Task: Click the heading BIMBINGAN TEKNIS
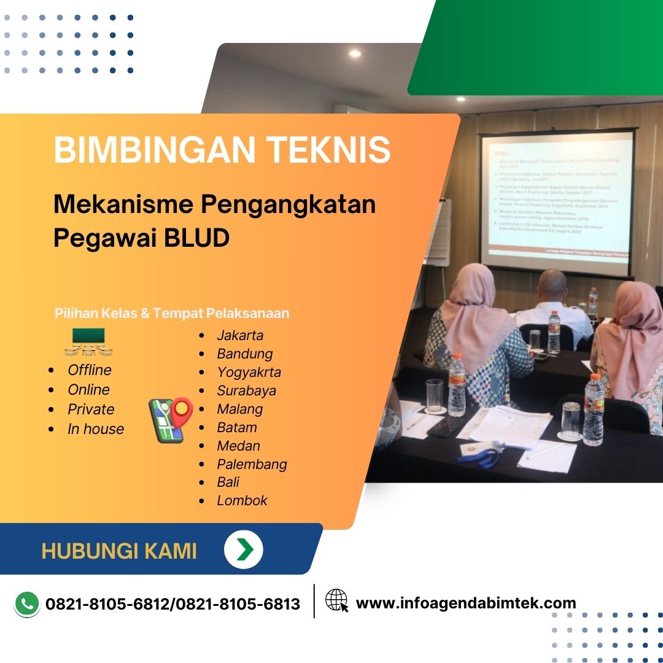point(222,150)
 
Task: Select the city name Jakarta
point(240,335)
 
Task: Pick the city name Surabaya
point(246,390)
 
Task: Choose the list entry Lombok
point(242,500)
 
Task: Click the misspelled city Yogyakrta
point(249,372)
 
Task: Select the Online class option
point(88,389)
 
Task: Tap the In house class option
point(96,428)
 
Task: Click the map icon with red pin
point(171,419)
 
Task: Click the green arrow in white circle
point(244,549)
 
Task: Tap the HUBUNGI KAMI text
point(119,551)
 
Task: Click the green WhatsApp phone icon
point(26,603)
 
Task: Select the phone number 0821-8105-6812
point(109,604)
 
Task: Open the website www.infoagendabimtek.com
point(466,603)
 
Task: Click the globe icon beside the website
point(336,600)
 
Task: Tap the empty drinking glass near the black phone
point(435,395)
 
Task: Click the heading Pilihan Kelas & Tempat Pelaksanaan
point(172,313)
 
